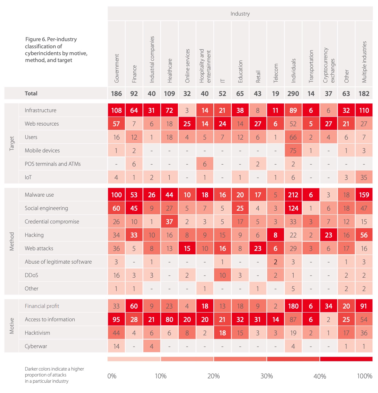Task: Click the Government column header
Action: coord(117,68)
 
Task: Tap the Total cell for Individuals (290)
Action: coord(293,93)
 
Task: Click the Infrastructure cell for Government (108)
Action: coord(116,110)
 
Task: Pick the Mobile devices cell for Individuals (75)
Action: coord(293,151)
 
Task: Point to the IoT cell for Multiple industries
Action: coord(364,177)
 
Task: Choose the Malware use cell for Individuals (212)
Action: coord(293,195)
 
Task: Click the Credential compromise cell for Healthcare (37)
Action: coord(169,222)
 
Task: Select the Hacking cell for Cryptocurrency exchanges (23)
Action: coord(328,235)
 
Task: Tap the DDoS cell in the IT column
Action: coord(222,275)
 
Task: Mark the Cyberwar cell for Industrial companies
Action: coord(152,346)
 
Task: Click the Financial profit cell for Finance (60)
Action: coord(134,306)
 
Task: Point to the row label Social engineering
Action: coord(46,208)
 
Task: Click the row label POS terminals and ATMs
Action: coord(52,164)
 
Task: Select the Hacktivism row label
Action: coord(37,333)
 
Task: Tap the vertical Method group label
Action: coord(12,241)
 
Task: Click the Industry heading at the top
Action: coord(240,14)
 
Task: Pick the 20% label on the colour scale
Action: coord(213,376)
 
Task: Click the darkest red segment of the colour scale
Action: coord(346,359)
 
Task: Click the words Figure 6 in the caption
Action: coord(35,39)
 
